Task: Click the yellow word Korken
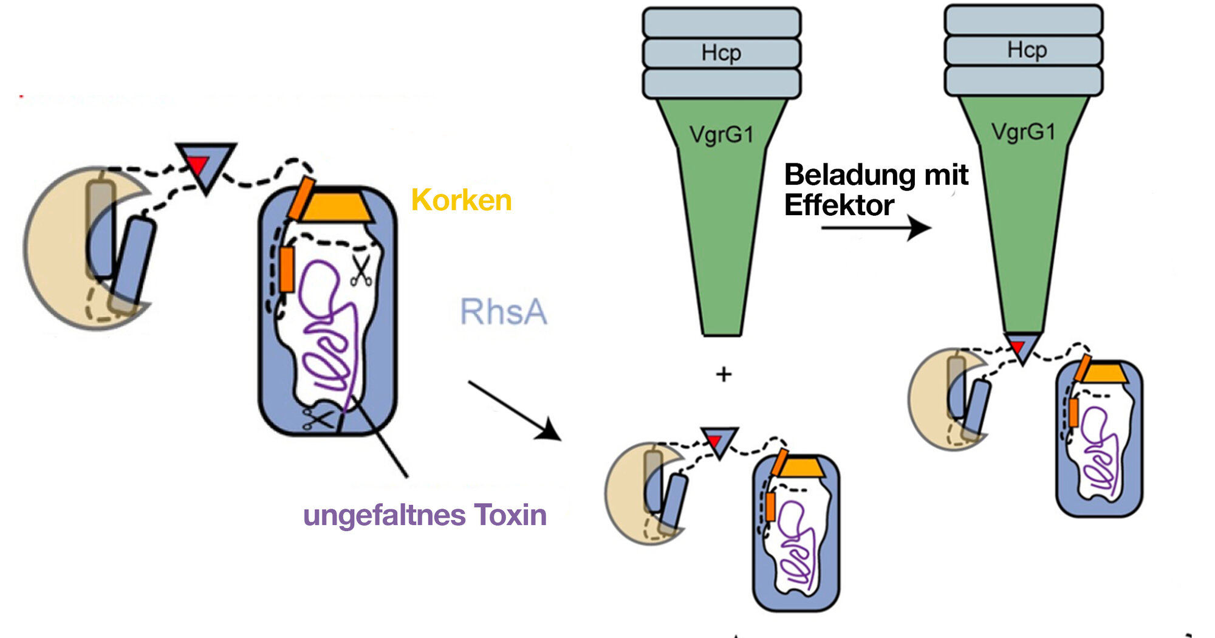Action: (461, 200)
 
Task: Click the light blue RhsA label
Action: (503, 312)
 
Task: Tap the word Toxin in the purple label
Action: (510, 515)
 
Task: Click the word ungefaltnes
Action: (384, 516)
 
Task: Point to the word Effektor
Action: (838, 205)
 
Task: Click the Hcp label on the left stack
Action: (721, 53)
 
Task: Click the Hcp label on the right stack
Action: (1027, 50)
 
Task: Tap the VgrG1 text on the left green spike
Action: (721, 134)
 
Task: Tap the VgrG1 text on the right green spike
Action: (1023, 131)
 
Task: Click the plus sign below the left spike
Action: (723, 374)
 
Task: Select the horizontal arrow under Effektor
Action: (875, 228)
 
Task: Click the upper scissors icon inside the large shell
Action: (361, 272)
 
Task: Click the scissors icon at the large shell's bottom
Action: (318, 419)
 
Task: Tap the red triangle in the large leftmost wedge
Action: (198, 163)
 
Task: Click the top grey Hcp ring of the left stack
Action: (721, 22)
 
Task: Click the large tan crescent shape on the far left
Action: (58, 255)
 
